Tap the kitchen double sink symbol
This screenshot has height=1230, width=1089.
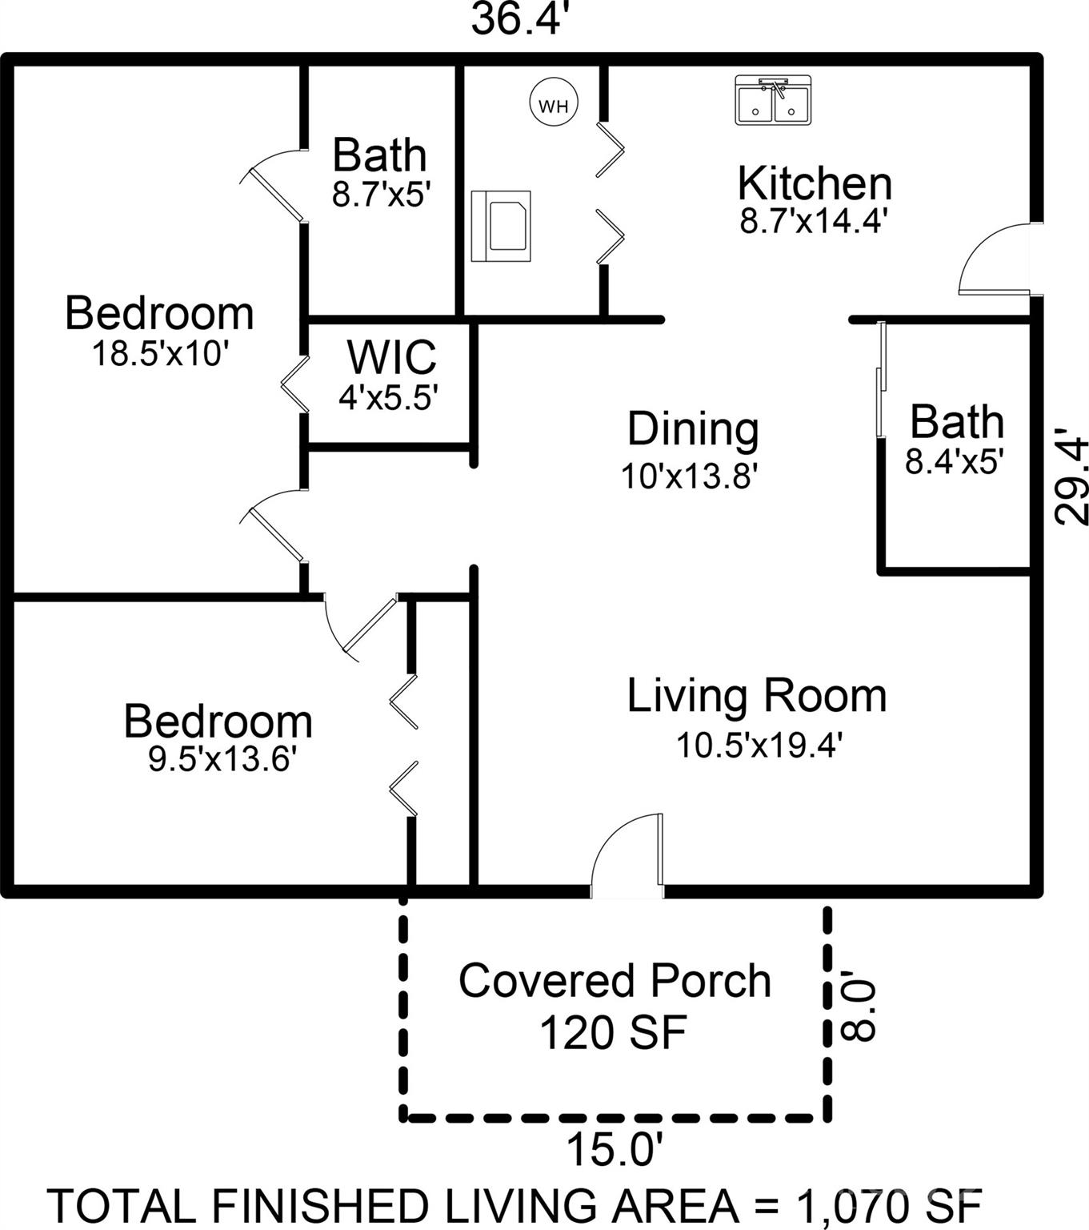tap(773, 100)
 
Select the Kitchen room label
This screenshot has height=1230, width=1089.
tap(815, 183)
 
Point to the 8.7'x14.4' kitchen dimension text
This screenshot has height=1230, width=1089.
tap(815, 221)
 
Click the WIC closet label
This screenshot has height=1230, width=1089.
tap(391, 357)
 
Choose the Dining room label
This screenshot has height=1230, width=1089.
tap(693, 430)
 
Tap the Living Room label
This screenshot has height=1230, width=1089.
tap(756, 697)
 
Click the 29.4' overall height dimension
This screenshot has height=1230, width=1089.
tap(1070, 476)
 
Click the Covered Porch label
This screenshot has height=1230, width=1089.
tap(615, 981)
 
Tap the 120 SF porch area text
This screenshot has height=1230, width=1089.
tap(613, 1033)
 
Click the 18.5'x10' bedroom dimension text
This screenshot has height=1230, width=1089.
tap(160, 353)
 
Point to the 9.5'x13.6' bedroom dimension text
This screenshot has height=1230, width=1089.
tap(222, 759)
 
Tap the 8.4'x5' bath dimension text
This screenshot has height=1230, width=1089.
tap(955, 461)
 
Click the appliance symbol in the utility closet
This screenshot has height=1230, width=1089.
tap(501, 227)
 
